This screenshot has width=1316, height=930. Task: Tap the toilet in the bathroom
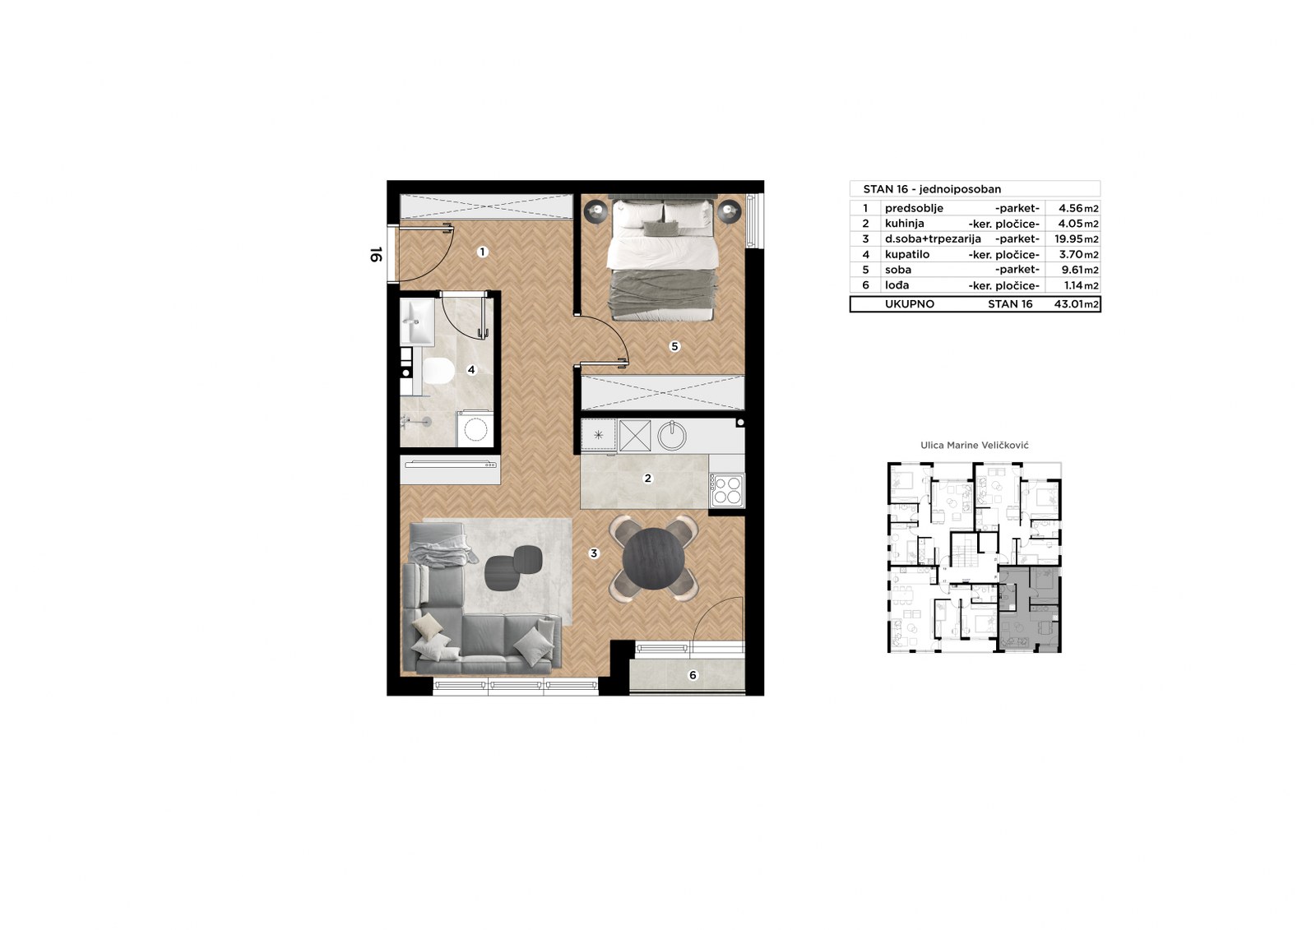(438, 371)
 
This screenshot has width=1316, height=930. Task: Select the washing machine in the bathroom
(475, 428)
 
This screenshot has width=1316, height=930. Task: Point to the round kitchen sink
(671, 435)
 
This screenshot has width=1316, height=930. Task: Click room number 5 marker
(674, 347)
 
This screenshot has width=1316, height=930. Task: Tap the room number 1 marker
(482, 252)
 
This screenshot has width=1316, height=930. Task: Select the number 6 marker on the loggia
(693, 675)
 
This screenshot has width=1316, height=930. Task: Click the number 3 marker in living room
(594, 553)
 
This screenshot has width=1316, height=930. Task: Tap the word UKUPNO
(910, 304)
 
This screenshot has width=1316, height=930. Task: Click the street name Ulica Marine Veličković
(974, 446)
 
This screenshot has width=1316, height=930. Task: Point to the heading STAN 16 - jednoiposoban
(932, 189)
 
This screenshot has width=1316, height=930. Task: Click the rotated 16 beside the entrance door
(376, 254)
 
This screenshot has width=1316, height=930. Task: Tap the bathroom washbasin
(417, 322)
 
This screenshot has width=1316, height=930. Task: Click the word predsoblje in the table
(914, 209)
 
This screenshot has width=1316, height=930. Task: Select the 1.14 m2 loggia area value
(1081, 285)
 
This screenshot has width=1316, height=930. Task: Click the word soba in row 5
(897, 270)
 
